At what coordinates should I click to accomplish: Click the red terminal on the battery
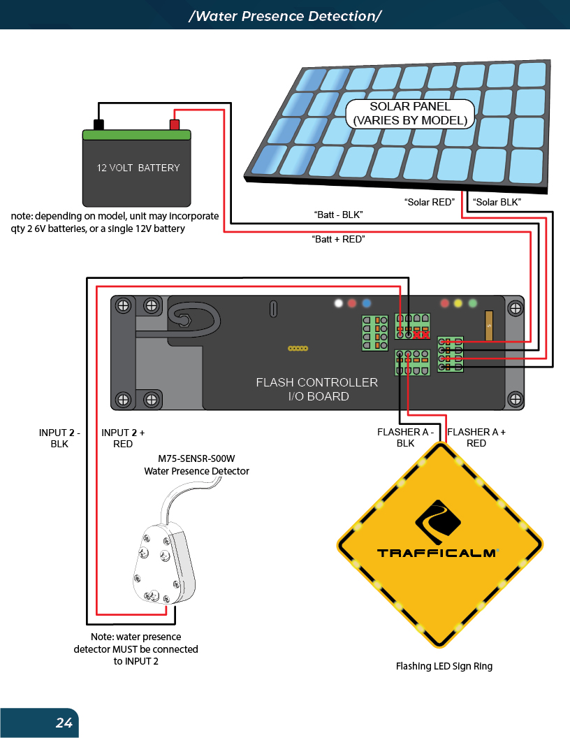[x=175, y=125]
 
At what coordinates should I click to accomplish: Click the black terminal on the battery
[x=99, y=125]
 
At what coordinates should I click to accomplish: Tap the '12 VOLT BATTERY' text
[x=138, y=168]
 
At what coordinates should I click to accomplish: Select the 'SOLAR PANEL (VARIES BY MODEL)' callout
[x=410, y=113]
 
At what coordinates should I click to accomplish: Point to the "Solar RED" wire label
[x=430, y=202]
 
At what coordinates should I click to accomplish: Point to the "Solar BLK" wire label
[x=497, y=202]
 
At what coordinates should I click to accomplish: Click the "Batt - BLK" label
[x=339, y=213]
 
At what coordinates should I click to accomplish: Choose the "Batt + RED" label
[x=338, y=239]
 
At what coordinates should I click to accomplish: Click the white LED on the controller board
[x=339, y=304]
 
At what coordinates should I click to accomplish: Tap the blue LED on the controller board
[x=366, y=304]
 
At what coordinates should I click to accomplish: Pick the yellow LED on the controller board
[x=458, y=304]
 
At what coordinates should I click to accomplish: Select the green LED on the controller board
[x=473, y=304]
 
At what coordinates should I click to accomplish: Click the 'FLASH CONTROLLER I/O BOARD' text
[x=316, y=389]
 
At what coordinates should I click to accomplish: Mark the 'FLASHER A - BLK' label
[x=405, y=437]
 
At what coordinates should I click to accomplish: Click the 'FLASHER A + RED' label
[x=476, y=437]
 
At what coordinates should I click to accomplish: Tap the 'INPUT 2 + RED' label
[x=123, y=437]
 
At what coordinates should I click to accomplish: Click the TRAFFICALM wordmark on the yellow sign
[x=437, y=553]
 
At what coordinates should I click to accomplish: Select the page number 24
[x=64, y=723]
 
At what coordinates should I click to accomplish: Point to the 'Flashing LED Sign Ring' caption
[x=444, y=666]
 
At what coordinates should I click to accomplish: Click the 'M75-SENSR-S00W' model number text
[x=196, y=459]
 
